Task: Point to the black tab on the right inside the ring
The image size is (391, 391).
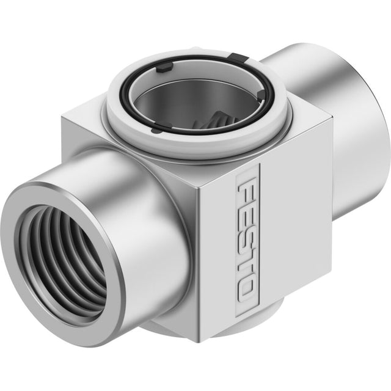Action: pos(261,95)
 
